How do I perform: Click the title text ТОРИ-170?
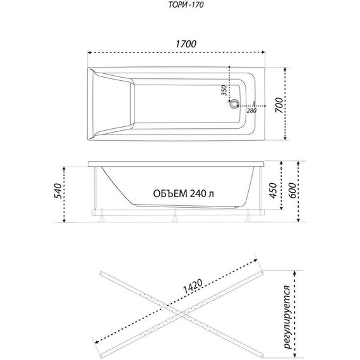point(186,5)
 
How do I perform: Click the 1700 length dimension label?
point(186,44)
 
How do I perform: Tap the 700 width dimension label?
point(279,105)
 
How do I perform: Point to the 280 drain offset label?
point(251,111)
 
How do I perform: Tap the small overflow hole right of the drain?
point(255,104)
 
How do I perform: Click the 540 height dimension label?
point(57,191)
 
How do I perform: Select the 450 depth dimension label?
point(273,190)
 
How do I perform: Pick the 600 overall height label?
point(292,190)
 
